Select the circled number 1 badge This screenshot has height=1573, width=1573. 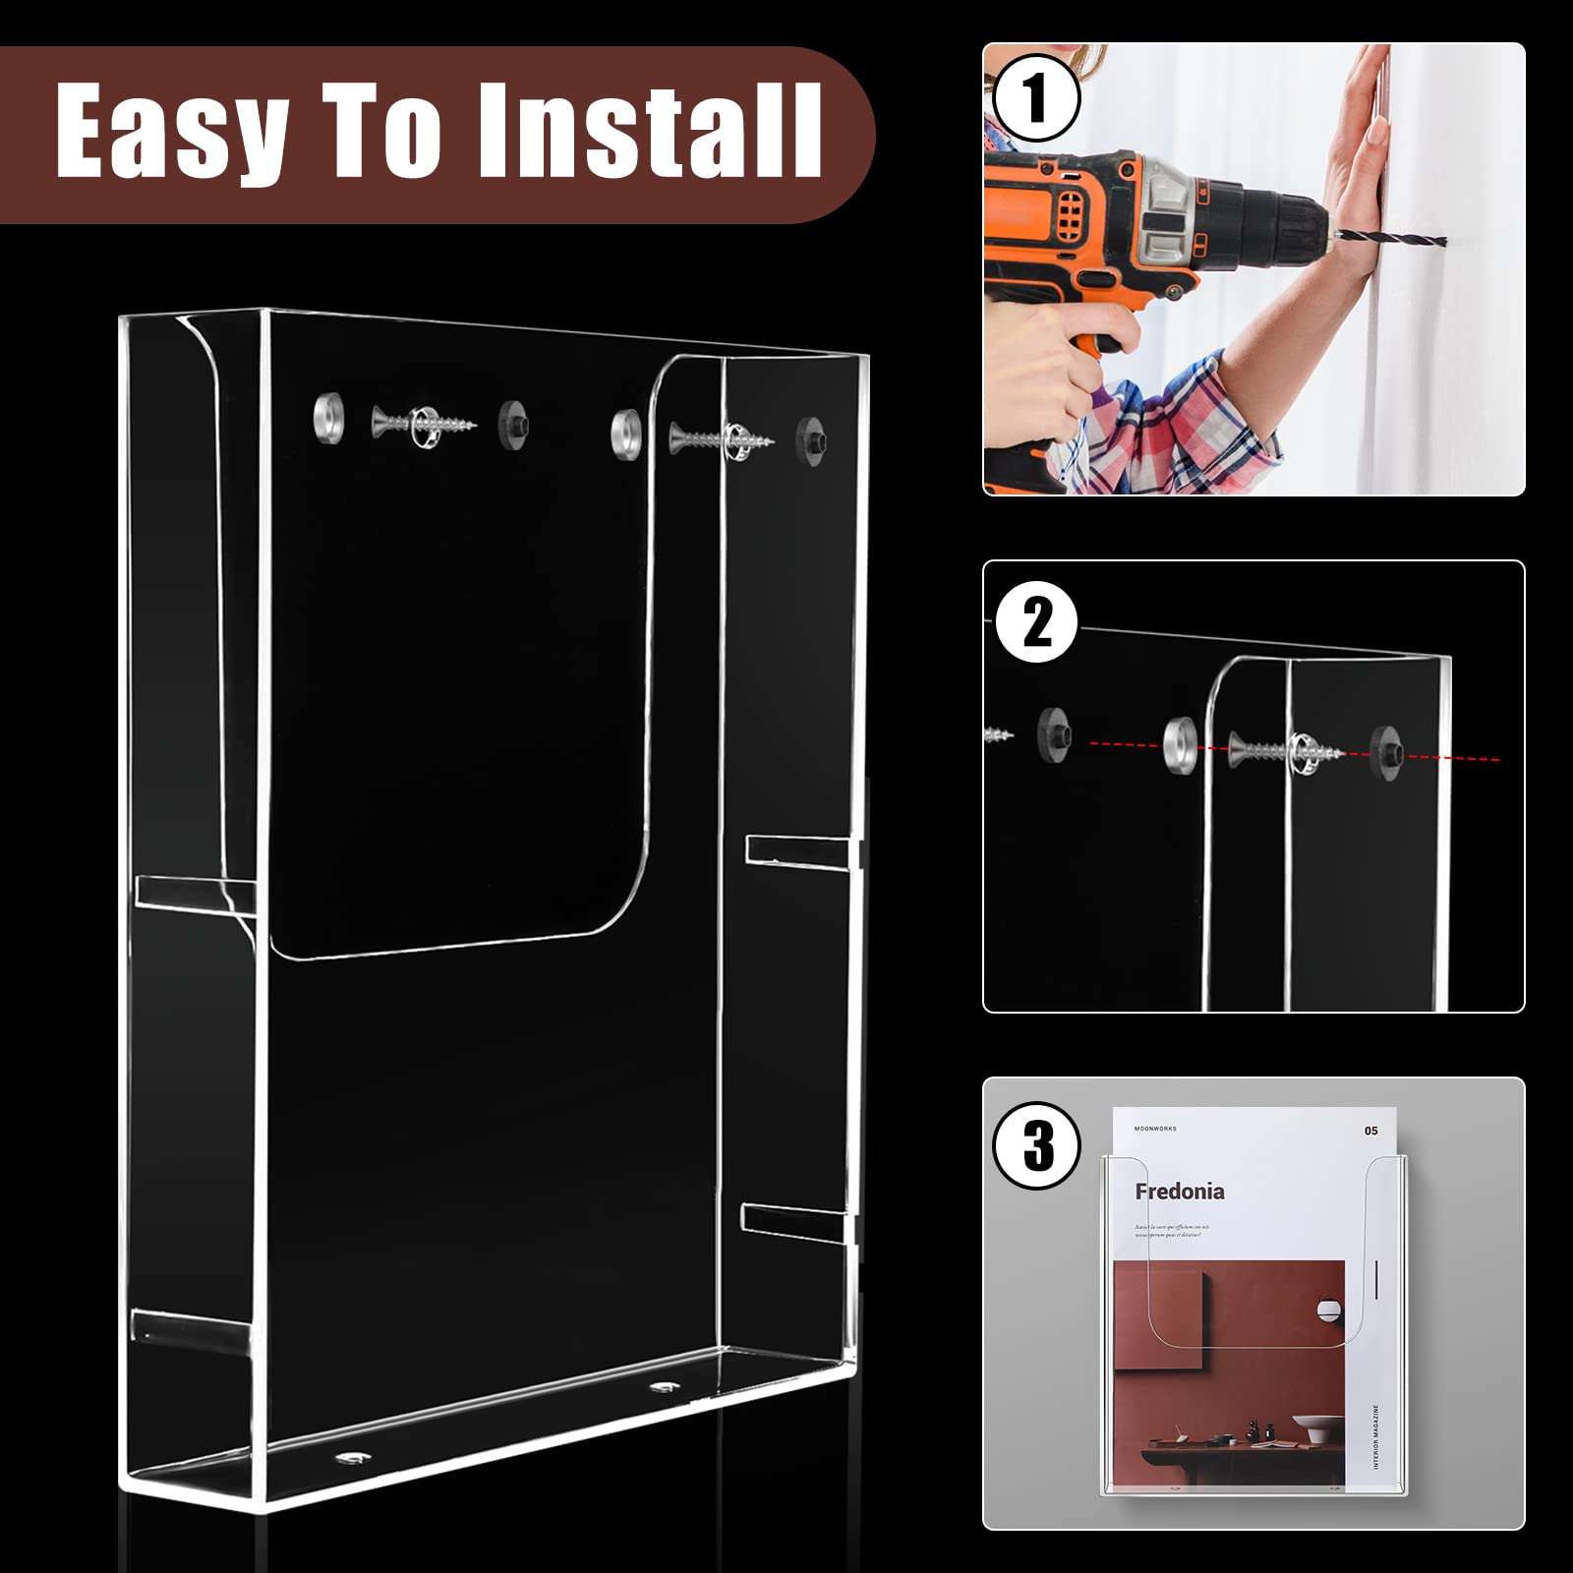pos(1035,98)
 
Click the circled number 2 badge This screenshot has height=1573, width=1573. pos(1037,623)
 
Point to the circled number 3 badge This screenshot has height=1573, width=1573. pos(1037,1145)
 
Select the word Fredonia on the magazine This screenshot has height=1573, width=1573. pos(1179,1192)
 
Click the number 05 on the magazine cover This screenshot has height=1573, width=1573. pos(1370,1131)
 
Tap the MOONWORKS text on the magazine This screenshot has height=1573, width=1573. pos(1155,1129)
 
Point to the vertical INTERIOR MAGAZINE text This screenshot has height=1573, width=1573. pos(1375,1435)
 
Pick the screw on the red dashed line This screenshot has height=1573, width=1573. pos(1283,751)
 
